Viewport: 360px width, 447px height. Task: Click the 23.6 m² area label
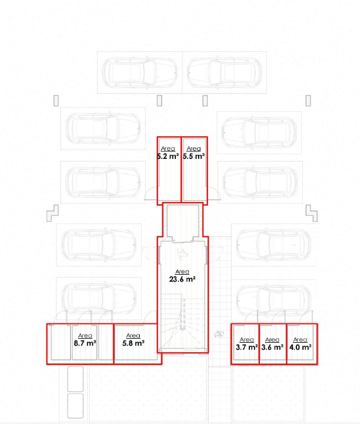coord(182,279)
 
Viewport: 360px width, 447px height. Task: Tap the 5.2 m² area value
coord(168,156)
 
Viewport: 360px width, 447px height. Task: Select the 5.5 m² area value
coord(194,156)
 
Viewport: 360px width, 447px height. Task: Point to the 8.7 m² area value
coord(84,343)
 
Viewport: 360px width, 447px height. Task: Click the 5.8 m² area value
coord(133,343)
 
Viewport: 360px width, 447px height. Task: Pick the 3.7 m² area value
coord(247,347)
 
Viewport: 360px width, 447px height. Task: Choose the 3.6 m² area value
coord(272,347)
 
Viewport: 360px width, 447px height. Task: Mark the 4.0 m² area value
coord(300,347)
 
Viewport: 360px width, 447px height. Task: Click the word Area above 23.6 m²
coord(182,271)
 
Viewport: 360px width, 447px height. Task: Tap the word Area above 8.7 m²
coord(84,335)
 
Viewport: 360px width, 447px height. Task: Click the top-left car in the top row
coord(140,72)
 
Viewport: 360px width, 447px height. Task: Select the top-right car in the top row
coord(224,72)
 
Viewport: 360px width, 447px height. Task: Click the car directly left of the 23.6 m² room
coord(98,245)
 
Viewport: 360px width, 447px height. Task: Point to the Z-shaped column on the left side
coord(52,213)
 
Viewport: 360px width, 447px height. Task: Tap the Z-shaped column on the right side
coord(312,213)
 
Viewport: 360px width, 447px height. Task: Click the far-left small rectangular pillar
coord(56,101)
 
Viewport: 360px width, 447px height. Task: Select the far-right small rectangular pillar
coord(308,101)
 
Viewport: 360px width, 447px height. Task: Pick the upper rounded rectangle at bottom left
coord(75,379)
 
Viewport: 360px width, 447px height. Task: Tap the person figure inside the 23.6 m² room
coord(182,253)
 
